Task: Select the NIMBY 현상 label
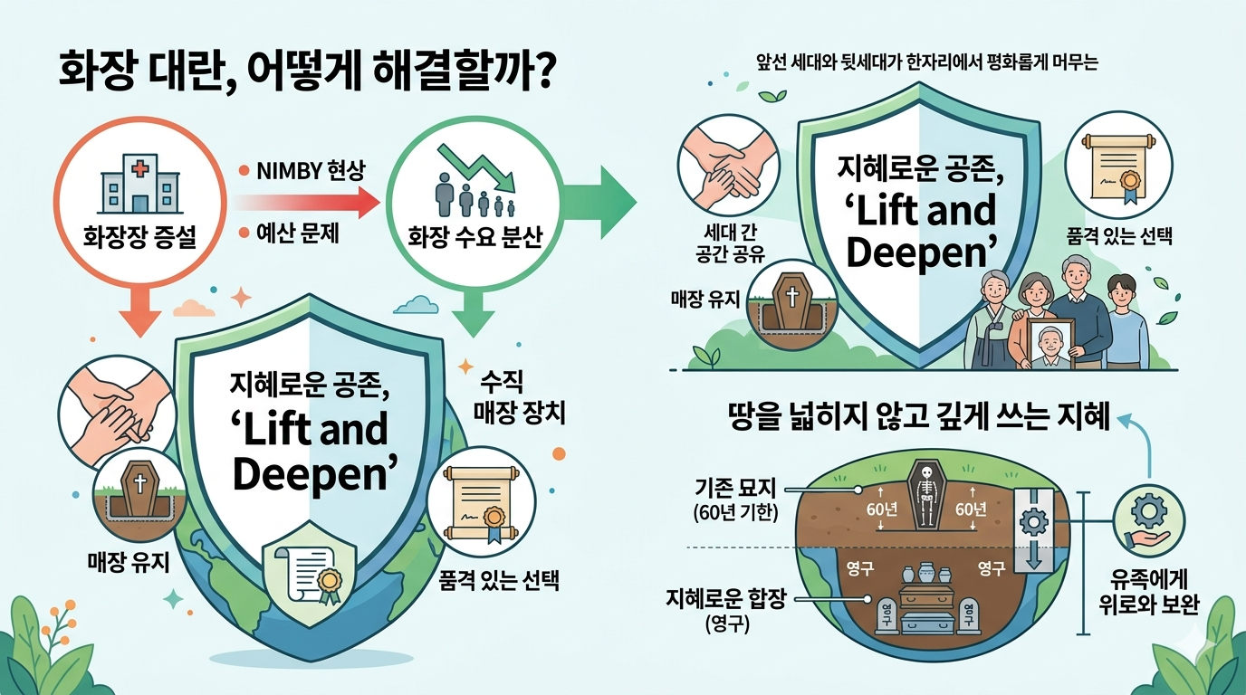click(x=307, y=169)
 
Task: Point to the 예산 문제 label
click(x=298, y=234)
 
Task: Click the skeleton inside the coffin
click(x=925, y=497)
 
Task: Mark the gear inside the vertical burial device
click(x=1031, y=520)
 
